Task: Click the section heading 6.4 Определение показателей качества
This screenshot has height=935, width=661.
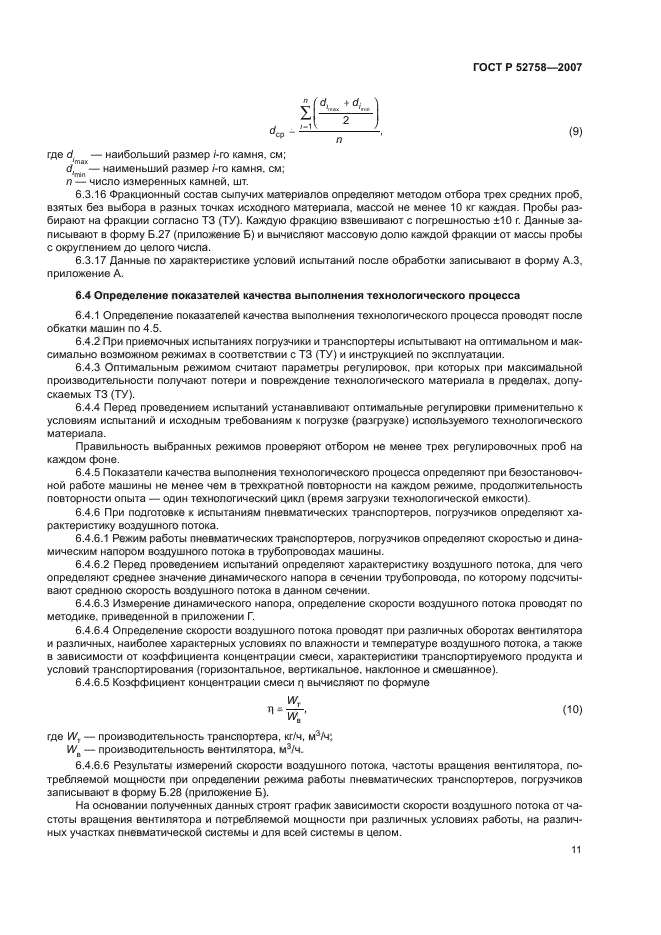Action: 297,297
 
